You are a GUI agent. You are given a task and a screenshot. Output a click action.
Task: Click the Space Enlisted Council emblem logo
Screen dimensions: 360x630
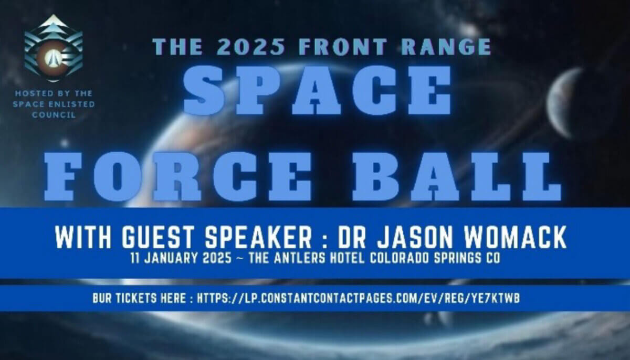pyautogui.click(x=53, y=49)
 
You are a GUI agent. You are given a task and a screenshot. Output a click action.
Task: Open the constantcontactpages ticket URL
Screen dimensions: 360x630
pyautogui.click(x=359, y=298)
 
